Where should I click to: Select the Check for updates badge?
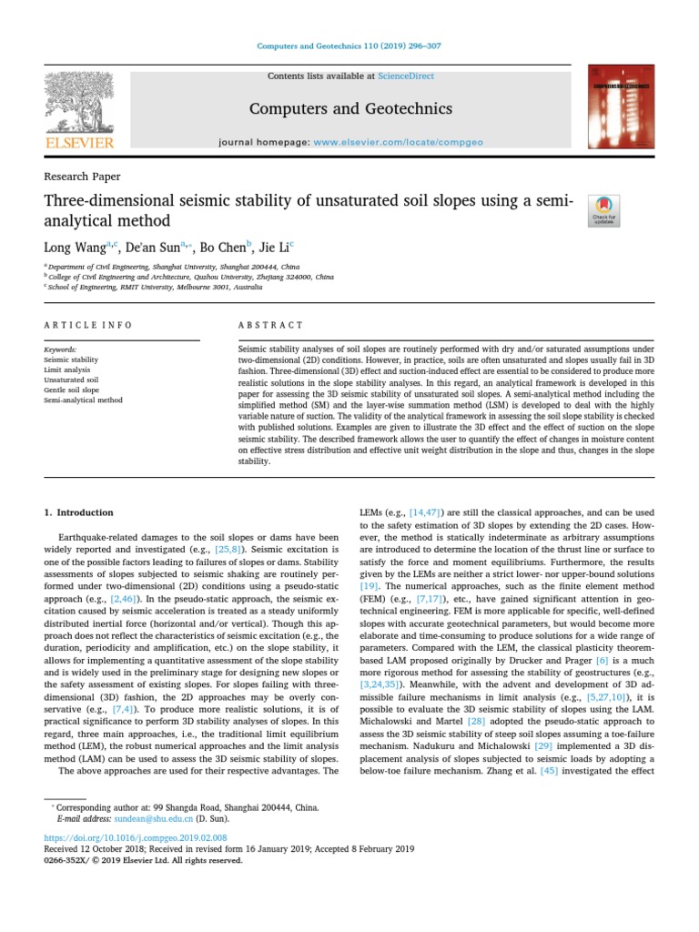click(605, 209)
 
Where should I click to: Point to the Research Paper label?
click(82, 177)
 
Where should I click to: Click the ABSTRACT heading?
click(270, 325)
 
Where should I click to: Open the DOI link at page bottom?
click(135, 836)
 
